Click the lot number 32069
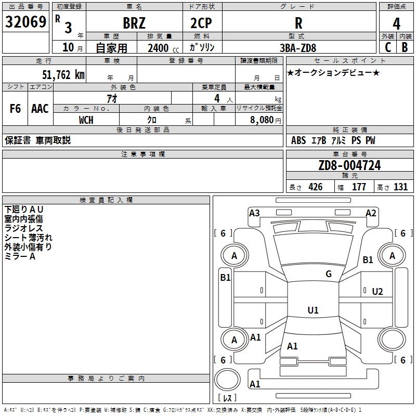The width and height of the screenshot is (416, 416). point(25,22)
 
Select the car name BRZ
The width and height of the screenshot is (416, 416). point(134,23)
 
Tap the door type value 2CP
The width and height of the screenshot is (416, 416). point(201,23)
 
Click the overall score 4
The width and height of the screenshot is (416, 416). point(396,24)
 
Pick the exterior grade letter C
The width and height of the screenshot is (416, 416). point(388,47)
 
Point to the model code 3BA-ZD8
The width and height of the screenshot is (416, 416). point(298,48)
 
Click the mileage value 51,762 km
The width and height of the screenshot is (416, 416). point(63,75)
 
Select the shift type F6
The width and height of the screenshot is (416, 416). point(15,109)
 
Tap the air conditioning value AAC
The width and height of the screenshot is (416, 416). point(40,109)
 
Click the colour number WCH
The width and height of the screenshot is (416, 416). point(86,120)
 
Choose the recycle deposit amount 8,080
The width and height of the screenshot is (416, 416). point(262,120)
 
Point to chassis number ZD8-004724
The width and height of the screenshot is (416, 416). point(349,165)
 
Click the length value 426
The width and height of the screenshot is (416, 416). point(316,187)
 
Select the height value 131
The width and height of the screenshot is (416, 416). point(400,187)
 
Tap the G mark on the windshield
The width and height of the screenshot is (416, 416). point(329,274)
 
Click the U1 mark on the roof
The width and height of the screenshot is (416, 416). point(313,310)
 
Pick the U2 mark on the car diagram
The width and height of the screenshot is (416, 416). point(378,292)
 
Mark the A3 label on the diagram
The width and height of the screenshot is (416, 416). point(254,213)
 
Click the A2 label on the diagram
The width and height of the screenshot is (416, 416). point(371,213)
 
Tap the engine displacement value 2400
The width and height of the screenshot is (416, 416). point(158,48)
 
